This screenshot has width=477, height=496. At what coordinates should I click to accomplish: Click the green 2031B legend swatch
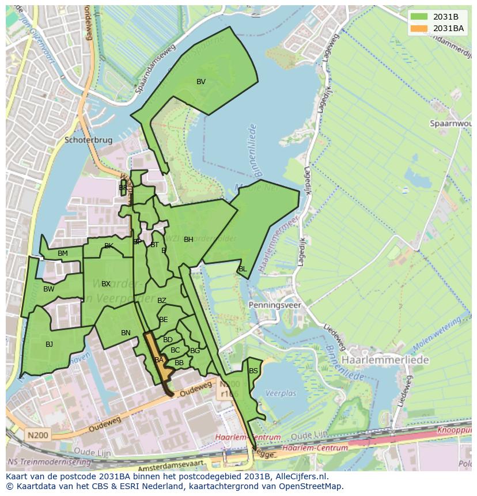point(419,16)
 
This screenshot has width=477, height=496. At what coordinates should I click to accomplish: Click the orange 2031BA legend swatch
point(419,28)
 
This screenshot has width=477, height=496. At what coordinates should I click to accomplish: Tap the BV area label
point(200,82)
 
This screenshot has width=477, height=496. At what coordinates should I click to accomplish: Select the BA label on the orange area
point(159,360)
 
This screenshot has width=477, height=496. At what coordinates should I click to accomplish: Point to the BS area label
point(253,371)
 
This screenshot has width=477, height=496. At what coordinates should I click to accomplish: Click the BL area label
point(243,269)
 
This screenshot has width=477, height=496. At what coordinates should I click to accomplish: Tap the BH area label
point(188,240)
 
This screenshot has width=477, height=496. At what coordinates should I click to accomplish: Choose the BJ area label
point(49,344)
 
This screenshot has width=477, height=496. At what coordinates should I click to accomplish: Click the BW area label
point(49,289)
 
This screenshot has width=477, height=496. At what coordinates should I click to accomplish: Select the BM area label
point(63,253)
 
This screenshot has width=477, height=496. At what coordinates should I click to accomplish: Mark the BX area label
point(106,284)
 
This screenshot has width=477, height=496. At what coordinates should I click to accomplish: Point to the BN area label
point(126,333)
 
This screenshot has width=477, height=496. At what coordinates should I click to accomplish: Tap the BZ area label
point(161,301)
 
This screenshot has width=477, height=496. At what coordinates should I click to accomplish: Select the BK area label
point(109,246)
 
